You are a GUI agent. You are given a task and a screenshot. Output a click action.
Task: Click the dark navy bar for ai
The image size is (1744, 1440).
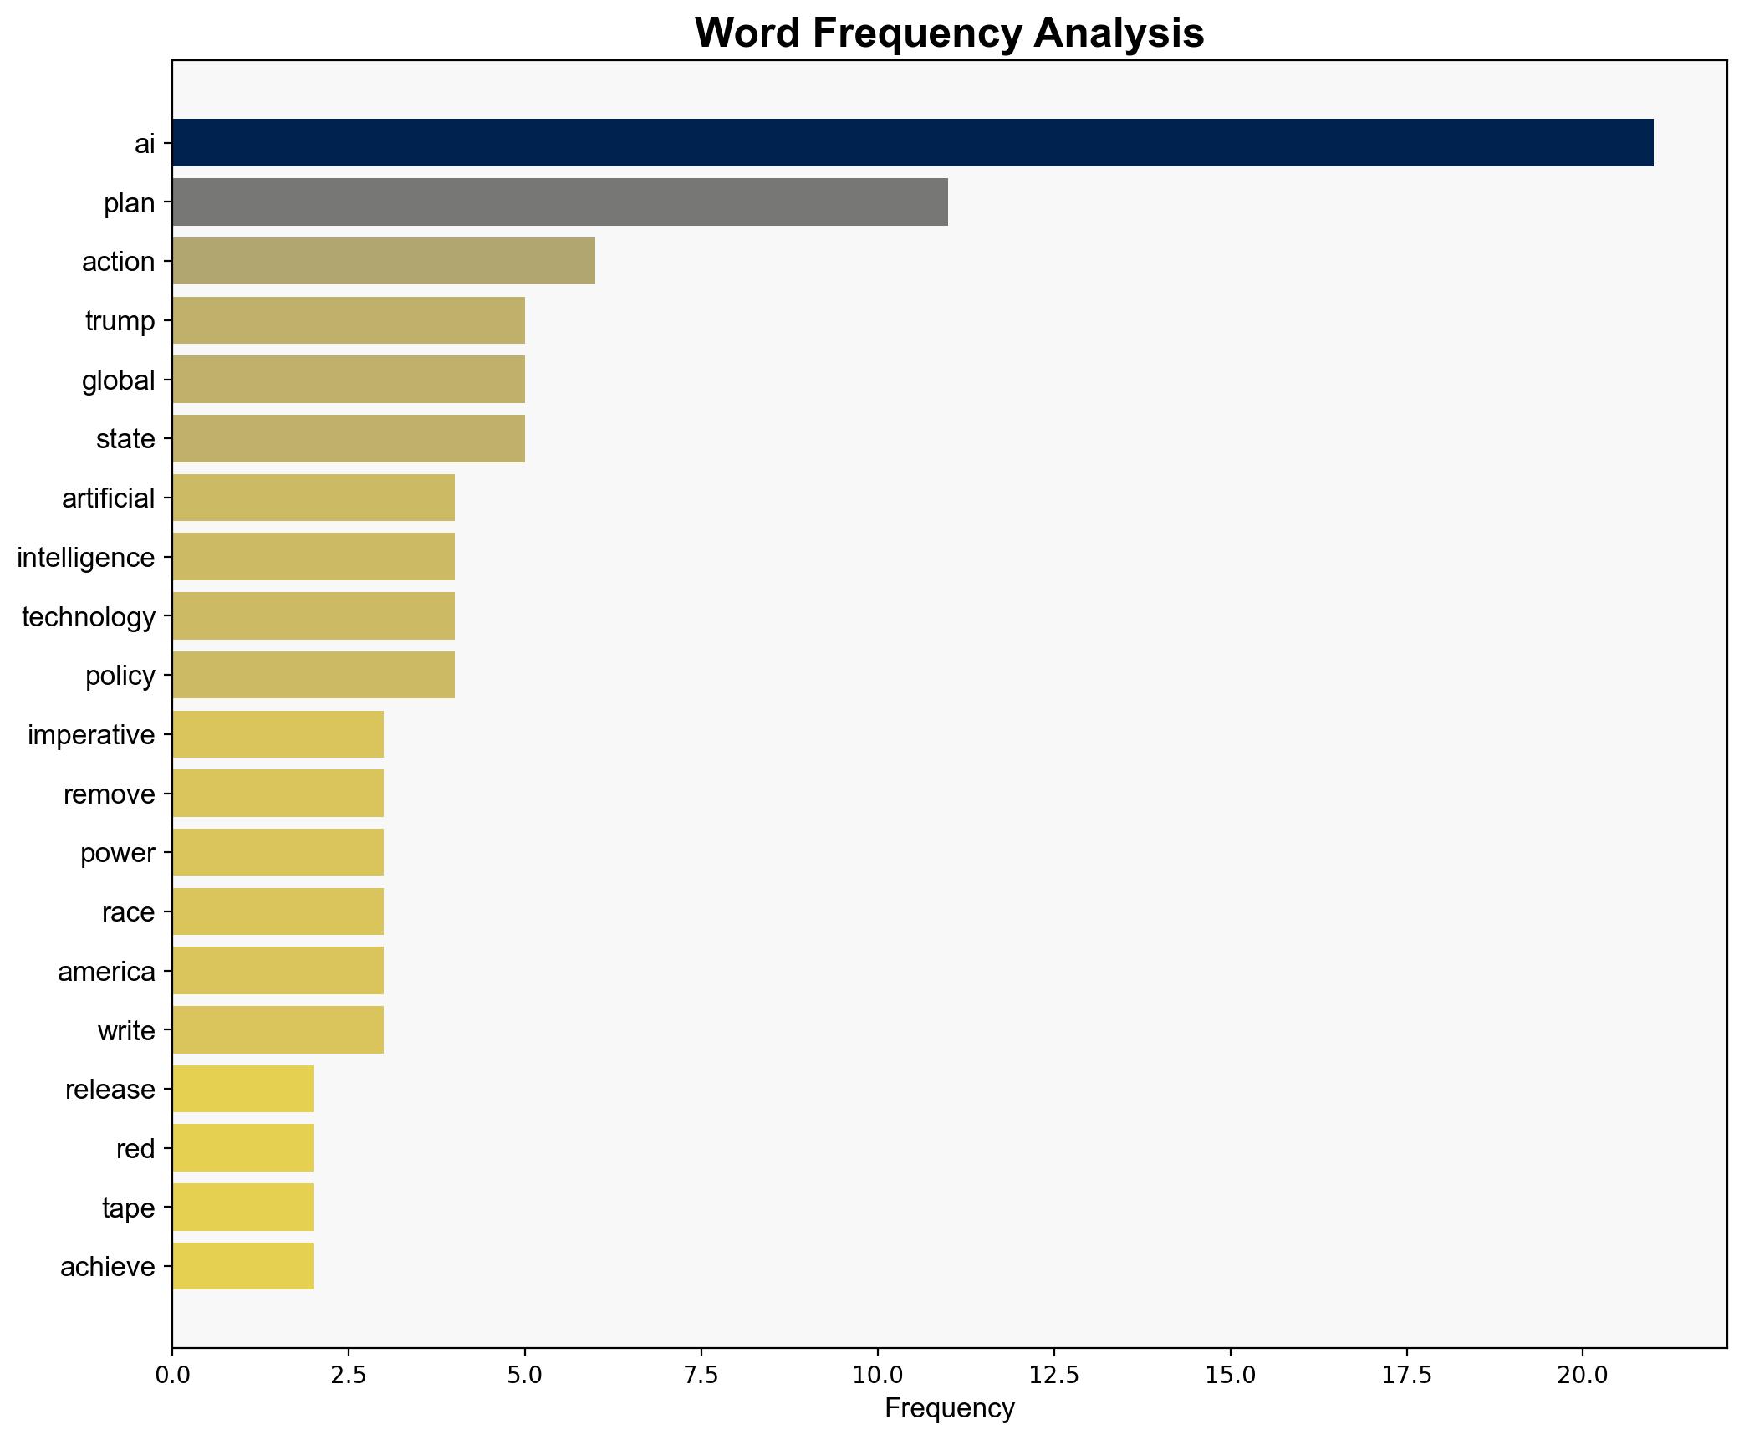(912, 143)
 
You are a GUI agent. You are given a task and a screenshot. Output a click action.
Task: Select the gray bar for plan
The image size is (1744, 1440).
(559, 202)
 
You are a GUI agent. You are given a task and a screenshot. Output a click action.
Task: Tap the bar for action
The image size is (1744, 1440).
(383, 261)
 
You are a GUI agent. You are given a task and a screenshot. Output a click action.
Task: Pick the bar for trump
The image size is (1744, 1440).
(348, 320)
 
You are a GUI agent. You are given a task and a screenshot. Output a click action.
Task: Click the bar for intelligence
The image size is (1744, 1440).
(313, 557)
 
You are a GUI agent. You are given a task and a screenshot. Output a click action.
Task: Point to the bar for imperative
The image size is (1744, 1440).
(278, 734)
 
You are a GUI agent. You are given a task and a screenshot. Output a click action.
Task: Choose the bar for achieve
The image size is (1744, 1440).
(242, 1267)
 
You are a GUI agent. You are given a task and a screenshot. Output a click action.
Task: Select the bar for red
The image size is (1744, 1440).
(242, 1148)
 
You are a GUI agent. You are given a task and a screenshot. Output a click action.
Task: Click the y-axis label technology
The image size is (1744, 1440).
(89, 617)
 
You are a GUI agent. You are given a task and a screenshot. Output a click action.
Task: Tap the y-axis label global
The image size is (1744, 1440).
(118, 380)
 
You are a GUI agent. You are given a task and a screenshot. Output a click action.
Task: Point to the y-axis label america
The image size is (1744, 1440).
(106, 972)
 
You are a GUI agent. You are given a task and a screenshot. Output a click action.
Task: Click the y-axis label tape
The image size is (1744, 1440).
(128, 1208)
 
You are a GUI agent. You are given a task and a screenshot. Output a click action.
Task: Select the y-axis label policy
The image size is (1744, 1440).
(120, 676)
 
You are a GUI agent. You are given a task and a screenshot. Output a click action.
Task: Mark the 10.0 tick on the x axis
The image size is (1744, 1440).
(877, 1375)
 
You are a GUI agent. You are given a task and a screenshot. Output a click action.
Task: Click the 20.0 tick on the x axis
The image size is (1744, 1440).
(1582, 1375)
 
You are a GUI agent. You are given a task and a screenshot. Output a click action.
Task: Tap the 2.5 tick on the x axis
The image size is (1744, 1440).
(348, 1375)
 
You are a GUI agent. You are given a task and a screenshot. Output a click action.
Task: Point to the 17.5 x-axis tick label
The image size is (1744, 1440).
(1406, 1375)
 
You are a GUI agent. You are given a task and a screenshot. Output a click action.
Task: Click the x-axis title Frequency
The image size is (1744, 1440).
(949, 1409)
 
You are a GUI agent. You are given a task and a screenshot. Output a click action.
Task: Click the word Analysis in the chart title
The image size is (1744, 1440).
(1118, 33)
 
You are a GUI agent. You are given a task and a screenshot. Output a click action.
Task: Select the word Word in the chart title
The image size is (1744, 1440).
(746, 33)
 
